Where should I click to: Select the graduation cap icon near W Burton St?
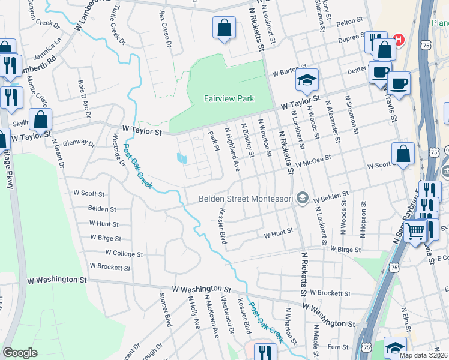tap(306, 80)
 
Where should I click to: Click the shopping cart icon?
tap(415, 230)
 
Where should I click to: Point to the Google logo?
tap(20, 353)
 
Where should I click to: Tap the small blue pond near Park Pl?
tap(181, 158)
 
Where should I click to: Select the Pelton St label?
tap(350, 21)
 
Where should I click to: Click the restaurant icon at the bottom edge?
tap(262, 352)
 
